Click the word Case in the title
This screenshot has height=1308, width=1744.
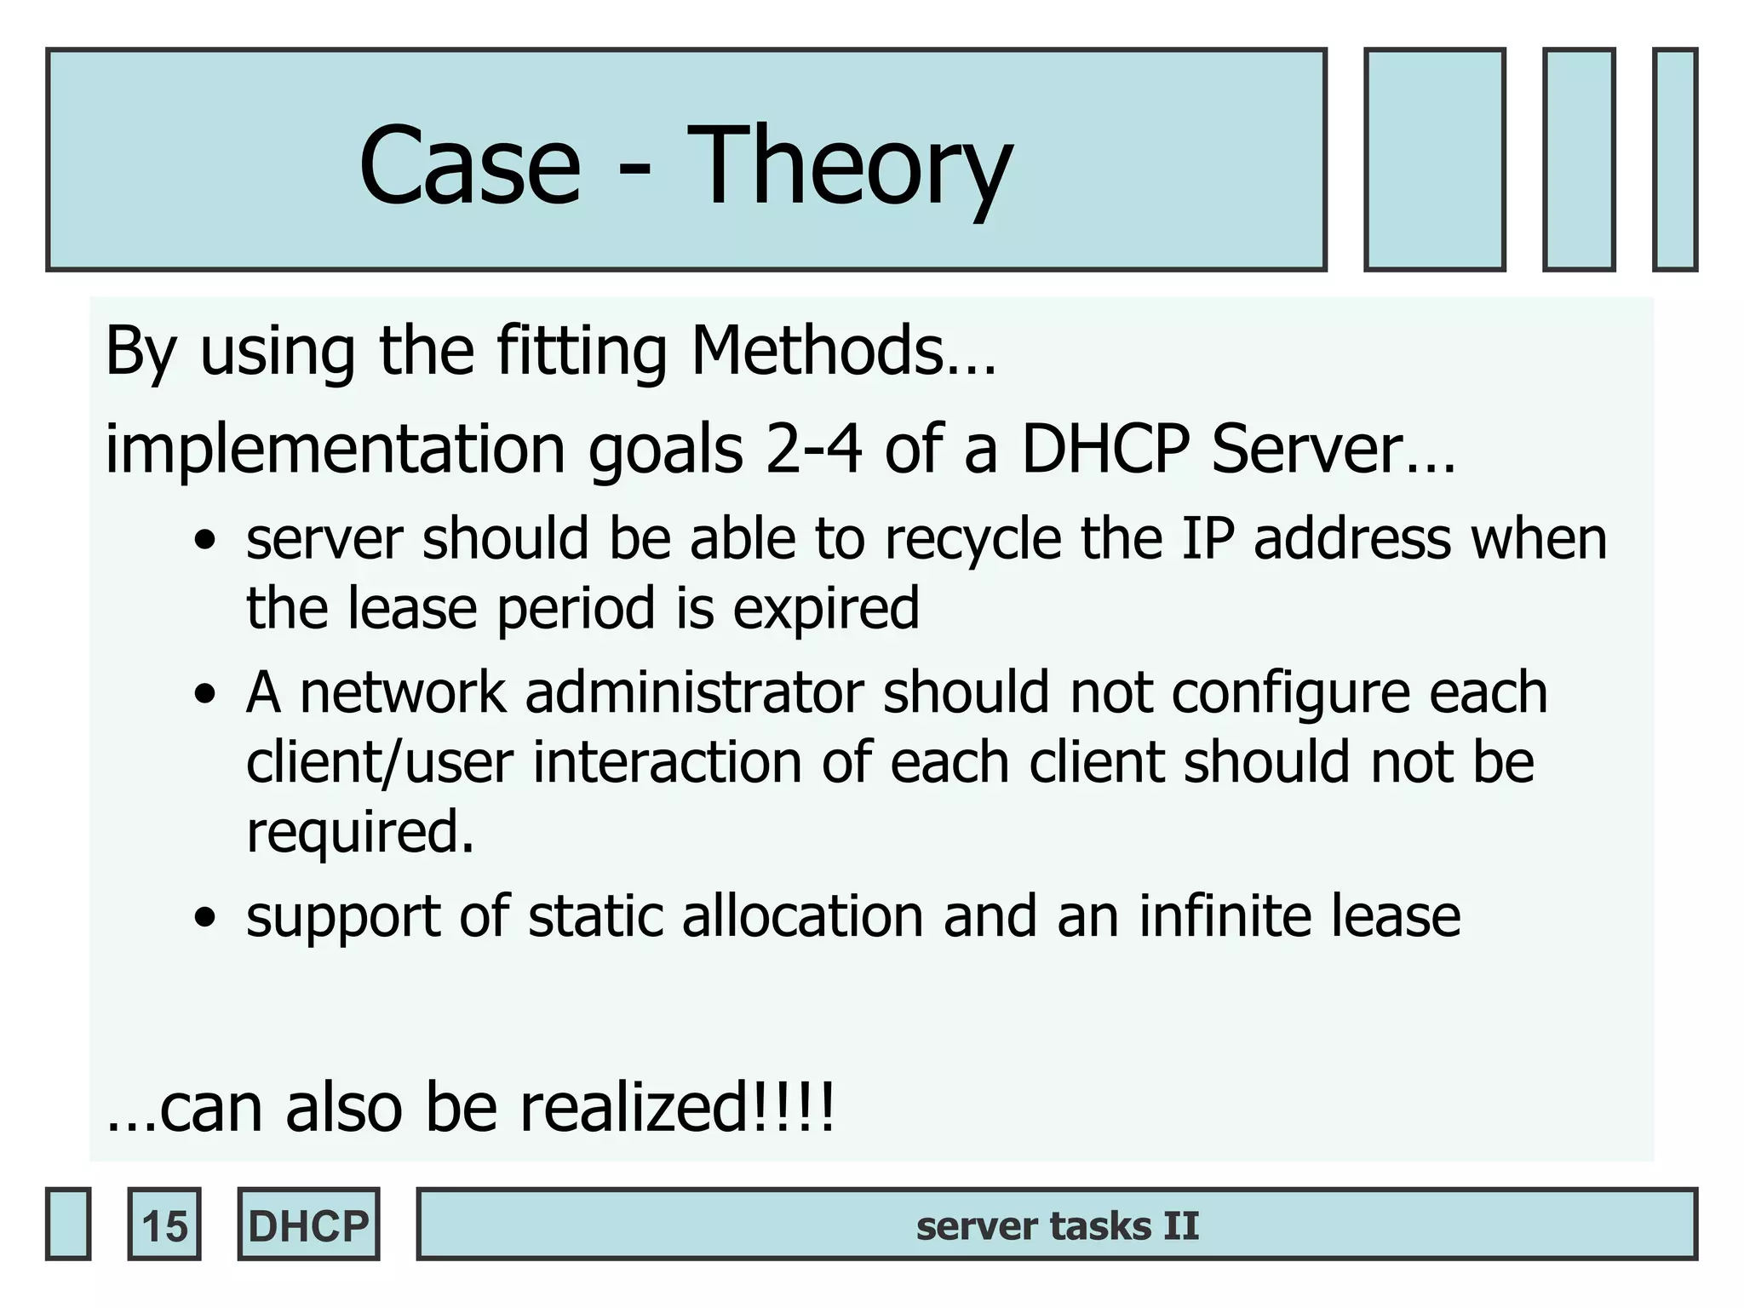point(470,166)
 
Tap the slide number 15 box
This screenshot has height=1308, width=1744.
point(164,1225)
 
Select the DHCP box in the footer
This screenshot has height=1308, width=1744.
point(308,1225)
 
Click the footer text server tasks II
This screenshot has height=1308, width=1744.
point(1057,1225)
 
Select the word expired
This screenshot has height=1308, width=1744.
point(826,608)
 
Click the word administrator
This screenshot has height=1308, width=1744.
point(694,691)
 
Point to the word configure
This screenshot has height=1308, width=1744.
point(1291,691)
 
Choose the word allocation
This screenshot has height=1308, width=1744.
point(802,916)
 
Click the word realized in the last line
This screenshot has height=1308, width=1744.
point(630,1108)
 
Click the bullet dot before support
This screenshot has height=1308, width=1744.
point(204,918)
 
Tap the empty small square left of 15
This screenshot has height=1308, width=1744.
point(68,1225)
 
